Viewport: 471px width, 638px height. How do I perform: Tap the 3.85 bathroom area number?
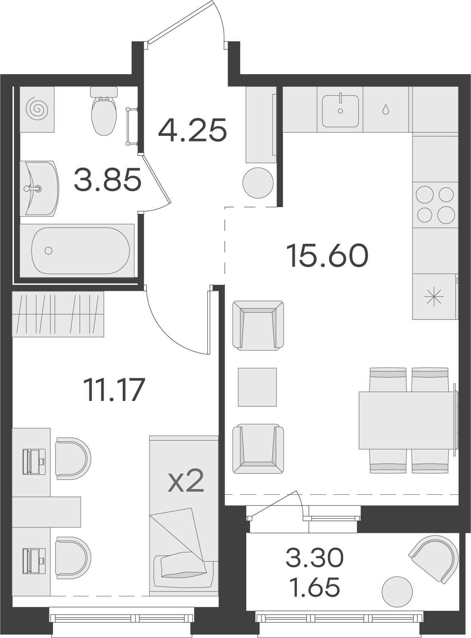[108, 180]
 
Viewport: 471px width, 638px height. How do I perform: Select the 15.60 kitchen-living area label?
[328, 255]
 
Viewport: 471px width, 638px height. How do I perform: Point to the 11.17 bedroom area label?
[114, 390]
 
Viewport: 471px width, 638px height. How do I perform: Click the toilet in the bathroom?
[104, 111]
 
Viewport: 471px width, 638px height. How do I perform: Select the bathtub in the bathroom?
[80, 251]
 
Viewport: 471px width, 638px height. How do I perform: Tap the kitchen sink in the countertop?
[340, 111]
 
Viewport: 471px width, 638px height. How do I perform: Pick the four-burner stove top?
[435, 205]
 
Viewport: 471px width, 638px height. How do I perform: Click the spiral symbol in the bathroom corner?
[37, 109]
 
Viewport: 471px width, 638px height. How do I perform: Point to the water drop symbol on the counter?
[385, 109]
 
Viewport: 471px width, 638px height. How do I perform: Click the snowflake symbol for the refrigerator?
[435, 297]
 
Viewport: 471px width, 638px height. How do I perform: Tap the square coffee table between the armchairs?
[257, 387]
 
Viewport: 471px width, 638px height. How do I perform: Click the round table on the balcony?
[397, 592]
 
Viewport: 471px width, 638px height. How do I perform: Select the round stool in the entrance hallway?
[258, 183]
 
